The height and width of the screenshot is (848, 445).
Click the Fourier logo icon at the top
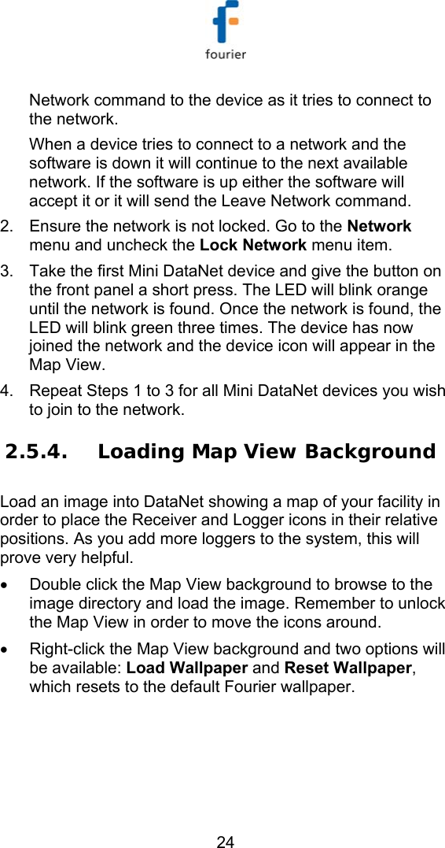226,24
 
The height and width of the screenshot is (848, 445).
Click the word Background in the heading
370,452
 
